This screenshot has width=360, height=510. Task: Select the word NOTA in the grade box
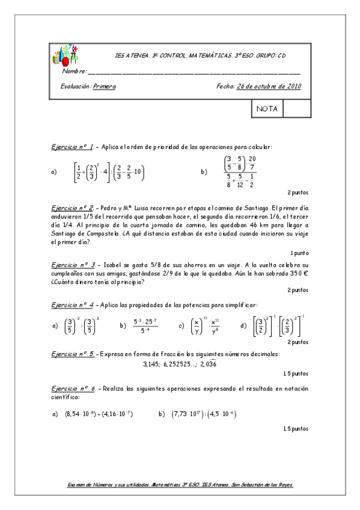coord(266,109)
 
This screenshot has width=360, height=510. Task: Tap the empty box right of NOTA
coord(296,109)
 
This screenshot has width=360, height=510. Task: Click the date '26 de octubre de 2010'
coord(269,86)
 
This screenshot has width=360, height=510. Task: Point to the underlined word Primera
coord(105,86)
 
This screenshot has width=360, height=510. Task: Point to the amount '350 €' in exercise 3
coord(297,272)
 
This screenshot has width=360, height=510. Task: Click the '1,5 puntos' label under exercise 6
coord(295,428)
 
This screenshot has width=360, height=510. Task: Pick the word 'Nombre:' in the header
coord(75,72)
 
